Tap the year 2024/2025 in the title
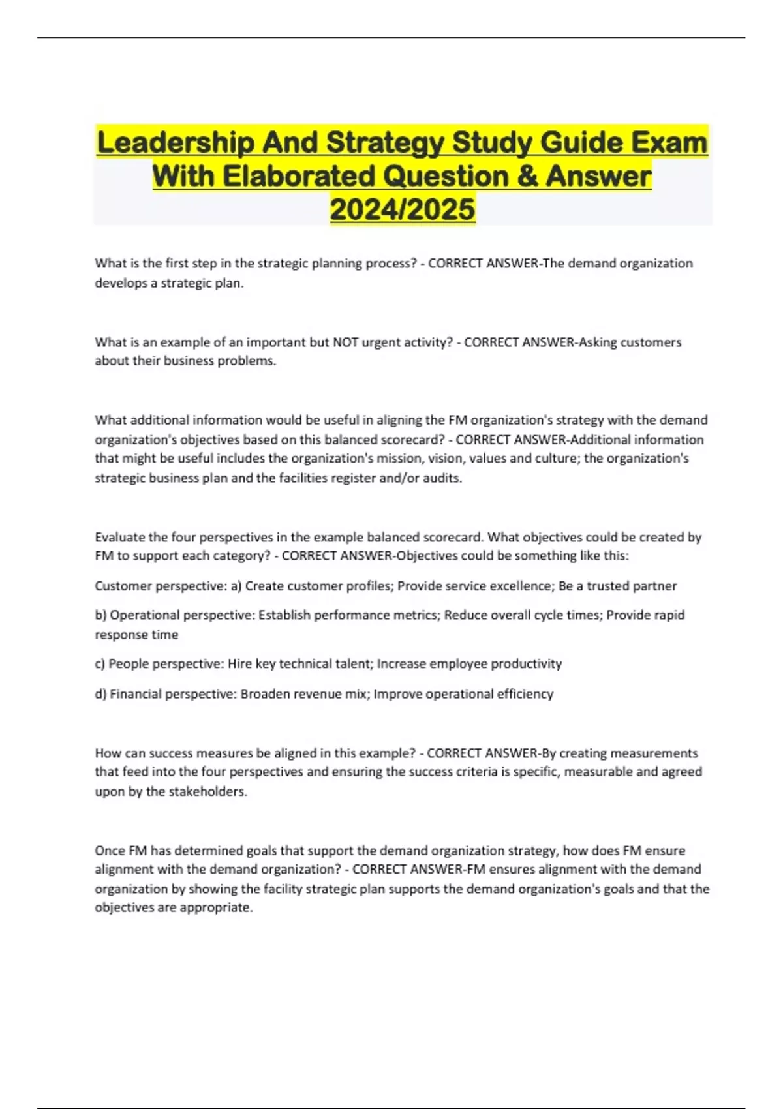point(403,209)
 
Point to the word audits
point(442,478)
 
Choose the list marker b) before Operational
point(100,615)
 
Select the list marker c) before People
point(100,664)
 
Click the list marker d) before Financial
point(100,694)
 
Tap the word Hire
point(239,664)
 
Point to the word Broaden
point(265,694)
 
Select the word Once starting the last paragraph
point(110,851)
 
